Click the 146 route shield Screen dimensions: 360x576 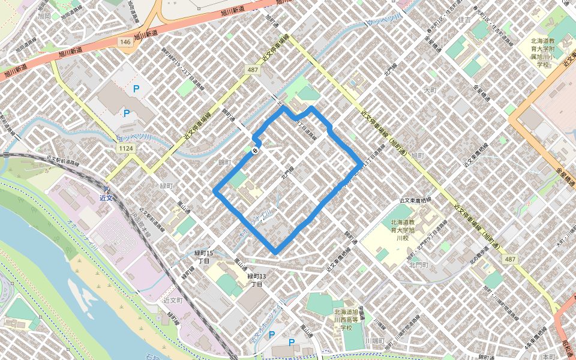pos(125,42)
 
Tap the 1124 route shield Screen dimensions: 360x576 pos(126,148)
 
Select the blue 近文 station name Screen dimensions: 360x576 pos(107,197)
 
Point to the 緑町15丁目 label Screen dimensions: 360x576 pos(203,257)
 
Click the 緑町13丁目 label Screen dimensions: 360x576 pos(256,280)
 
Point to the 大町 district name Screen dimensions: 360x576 pos(430,90)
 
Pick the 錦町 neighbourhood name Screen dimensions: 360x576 pos(224,163)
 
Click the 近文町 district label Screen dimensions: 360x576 pos(172,299)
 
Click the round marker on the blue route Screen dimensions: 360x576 pos(256,150)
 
